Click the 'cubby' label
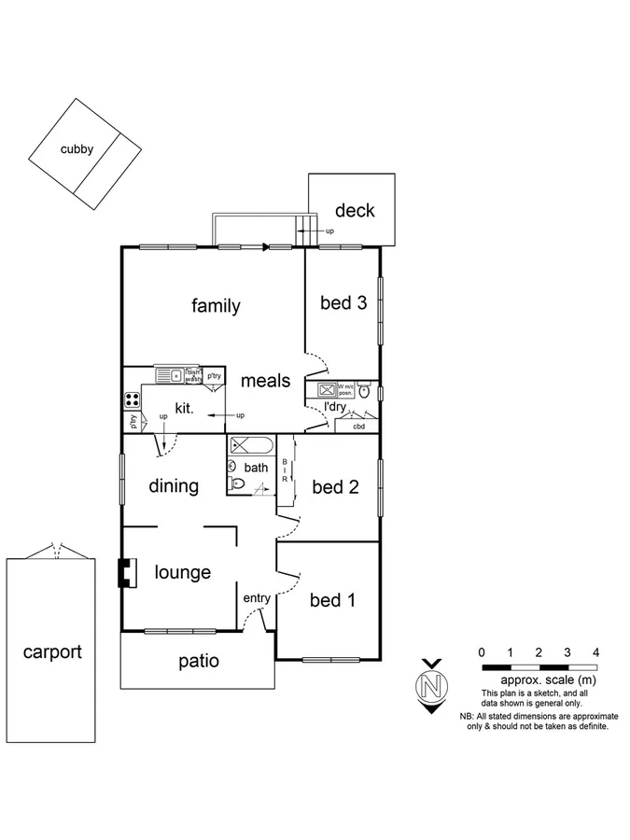77,148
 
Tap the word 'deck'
355,211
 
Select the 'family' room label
216,306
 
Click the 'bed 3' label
343,302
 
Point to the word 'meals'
266,381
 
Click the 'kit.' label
184,409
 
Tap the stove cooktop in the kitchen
132,399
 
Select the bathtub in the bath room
251,444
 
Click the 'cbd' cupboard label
358,427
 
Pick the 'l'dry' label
335,407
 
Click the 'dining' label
174,486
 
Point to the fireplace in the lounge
123,571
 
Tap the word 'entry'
257,598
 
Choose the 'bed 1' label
332,600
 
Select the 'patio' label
198,661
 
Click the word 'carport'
52,651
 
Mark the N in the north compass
431,687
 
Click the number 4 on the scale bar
595,651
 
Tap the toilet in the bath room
236,483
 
